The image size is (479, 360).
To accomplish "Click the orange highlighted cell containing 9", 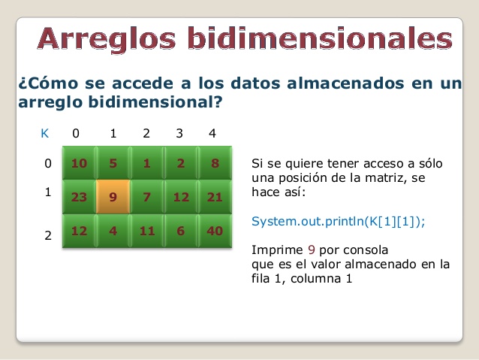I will click(113, 197).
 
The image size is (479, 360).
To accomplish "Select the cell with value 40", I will click(215, 231).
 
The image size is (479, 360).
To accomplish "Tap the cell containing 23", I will click(79, 197).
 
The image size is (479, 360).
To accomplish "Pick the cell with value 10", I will click(79, 163).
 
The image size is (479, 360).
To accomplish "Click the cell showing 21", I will click(215, 197).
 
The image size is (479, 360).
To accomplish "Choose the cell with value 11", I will click(147, 231).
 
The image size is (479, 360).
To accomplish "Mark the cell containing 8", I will click(215, 163).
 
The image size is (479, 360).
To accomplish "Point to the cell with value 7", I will click(147, 197).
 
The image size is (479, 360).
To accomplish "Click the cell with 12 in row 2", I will click(79, 231).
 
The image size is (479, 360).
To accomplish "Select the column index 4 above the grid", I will click(212, 134).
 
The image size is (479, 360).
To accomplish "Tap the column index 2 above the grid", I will click(146, 134).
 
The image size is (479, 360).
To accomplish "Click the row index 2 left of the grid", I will click(47, 236).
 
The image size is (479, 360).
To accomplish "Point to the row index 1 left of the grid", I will click(47, 192).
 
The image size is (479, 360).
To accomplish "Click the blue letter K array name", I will click(45, 134).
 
